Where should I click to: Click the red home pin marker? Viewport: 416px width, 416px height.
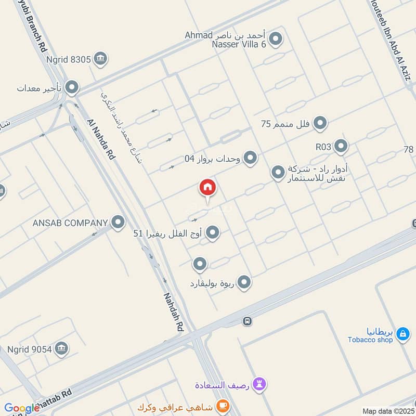point(207,188)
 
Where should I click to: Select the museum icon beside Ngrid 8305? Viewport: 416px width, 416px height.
point(101,59)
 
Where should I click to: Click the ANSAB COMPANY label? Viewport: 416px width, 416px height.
point(70,223)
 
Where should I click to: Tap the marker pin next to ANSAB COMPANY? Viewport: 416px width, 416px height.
point(118,223)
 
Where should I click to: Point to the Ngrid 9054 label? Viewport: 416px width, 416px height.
point(30,349)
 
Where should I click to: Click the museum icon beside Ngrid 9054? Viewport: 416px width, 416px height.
point(61,348)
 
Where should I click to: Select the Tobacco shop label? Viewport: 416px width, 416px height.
point(370,340)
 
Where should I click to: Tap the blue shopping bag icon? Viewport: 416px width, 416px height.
point(402,334)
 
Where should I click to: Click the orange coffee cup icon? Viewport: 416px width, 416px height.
point(223,406)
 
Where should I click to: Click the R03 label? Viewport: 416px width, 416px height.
point(323,147)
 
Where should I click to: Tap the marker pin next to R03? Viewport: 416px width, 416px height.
point(341,147)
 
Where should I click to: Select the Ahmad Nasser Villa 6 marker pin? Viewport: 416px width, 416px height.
point(276,39)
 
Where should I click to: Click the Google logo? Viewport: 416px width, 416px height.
point(22,409)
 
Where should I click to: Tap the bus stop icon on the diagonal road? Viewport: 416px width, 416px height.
point(248,321)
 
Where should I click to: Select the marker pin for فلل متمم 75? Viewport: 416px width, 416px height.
point(320,124)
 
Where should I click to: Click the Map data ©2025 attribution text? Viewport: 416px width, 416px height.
point(388,411)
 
